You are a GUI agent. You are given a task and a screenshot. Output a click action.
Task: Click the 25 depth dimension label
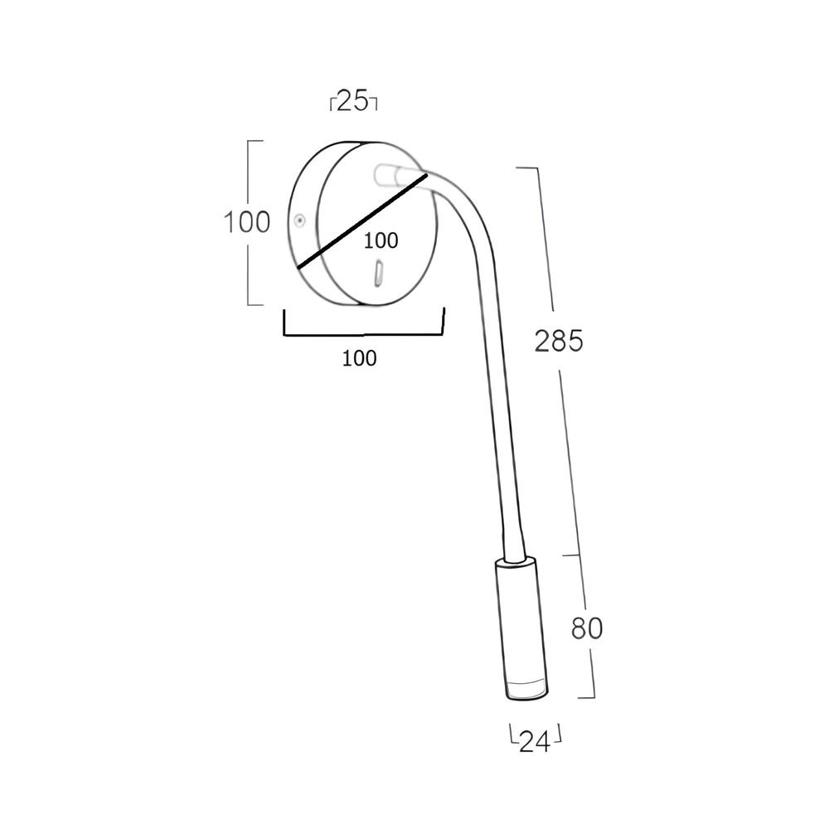tap(352, 101)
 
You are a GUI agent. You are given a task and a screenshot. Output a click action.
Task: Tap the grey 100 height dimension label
tap(247, 222)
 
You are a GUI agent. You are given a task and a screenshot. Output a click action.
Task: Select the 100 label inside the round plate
tap(381, 241)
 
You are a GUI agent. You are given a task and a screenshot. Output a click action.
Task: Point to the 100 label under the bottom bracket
tap(360, 358)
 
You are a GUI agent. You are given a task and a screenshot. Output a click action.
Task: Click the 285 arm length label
tap(559, 341)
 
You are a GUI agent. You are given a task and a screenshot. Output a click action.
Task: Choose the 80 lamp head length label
tap(587, 628)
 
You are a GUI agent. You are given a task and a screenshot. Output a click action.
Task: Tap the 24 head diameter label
tap(535, 742)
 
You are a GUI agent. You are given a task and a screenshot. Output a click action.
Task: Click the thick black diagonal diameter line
tap(362, 221)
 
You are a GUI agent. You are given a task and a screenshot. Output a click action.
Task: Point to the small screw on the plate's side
tap(300, 220)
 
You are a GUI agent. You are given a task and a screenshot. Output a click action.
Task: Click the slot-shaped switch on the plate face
tap(380, 274)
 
